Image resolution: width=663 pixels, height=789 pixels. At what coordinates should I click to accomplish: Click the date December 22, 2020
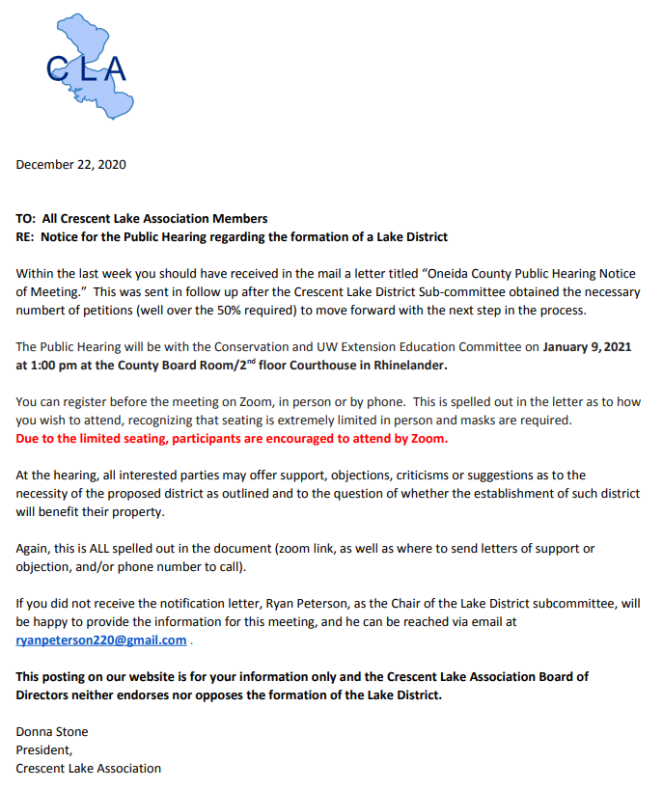(x=70, y=164)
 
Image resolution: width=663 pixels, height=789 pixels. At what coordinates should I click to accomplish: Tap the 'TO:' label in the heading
(x=26, y=219)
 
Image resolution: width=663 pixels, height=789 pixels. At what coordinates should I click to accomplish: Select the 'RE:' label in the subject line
(x=26, y=236)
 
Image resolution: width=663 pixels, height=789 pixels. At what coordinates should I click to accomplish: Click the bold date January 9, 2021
(x=591, y=346)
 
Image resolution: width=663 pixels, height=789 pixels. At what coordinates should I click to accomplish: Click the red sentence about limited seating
(x=232, y=438)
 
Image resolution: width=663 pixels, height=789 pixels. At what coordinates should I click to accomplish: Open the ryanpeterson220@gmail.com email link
(x=101, y=640)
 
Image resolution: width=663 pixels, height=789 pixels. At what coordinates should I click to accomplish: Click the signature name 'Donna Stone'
(x=51, y=731)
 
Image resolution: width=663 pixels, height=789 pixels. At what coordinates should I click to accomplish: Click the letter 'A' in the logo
(x=113, y=68)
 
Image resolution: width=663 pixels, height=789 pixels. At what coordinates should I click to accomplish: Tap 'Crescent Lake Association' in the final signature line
(x=88, y=768)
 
